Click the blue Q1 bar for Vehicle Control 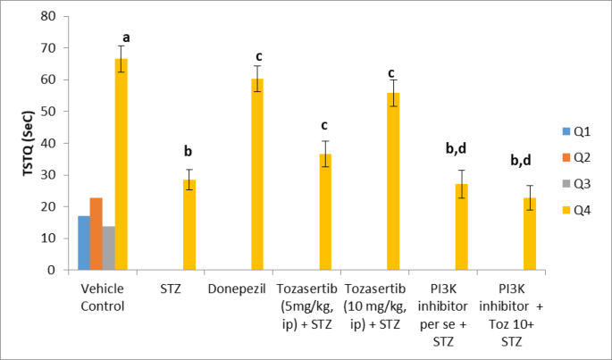click(84, 242)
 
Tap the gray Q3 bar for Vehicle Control click(109, 247)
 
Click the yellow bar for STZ click(189, 224)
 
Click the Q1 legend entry click(574, 131)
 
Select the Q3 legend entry click(574, 184)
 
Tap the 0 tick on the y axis click(58, 270)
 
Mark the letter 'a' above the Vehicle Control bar click(126, 38)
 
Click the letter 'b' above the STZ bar click(189, 151)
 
